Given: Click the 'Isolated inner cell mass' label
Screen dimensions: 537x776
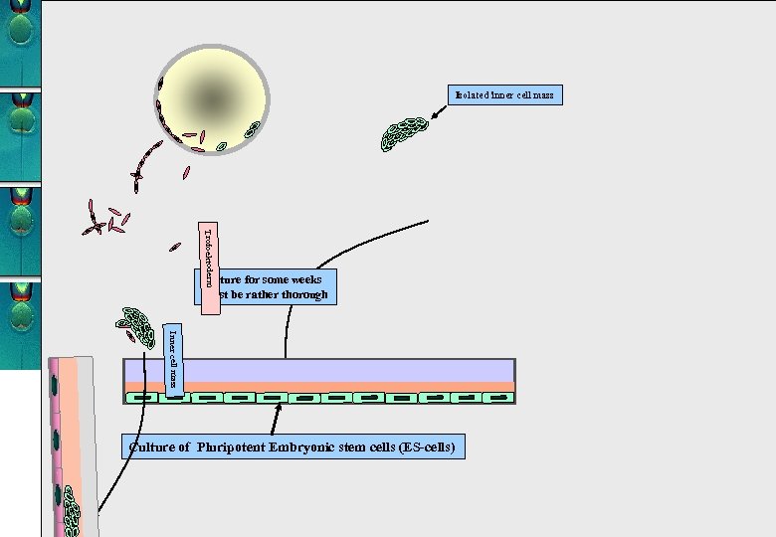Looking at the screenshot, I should pos(505,95).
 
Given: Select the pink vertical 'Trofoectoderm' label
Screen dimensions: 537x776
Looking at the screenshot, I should pos(209,267).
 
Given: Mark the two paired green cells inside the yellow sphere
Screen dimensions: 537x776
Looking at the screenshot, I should pos(252,129).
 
